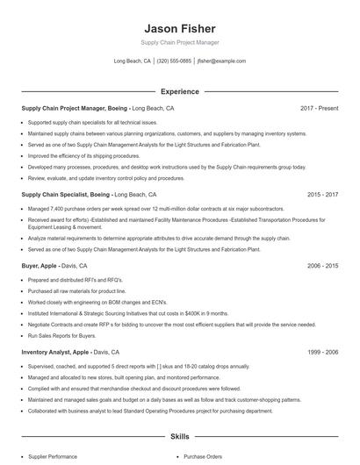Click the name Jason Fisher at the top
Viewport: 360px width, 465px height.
click(179, 28)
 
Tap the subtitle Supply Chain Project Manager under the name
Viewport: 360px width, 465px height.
click(179, 42)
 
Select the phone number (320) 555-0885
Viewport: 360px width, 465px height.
click(174, 61)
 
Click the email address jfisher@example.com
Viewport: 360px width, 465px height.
click(221, 61)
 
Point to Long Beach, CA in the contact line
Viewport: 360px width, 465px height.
click(133, 61)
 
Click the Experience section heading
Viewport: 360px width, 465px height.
click(179, 91)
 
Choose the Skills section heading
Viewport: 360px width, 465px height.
click(179, 436)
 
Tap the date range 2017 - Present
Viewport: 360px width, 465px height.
click(319, 108)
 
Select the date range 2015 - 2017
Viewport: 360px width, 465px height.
click(322, 194)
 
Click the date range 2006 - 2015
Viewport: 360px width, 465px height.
click(322, 265)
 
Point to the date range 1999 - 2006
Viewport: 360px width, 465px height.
click(322, 352)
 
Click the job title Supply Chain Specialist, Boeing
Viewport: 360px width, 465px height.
click(66, 194)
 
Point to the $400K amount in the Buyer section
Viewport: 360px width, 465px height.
click(194, 312)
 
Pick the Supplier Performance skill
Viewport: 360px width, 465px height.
click(52, 456)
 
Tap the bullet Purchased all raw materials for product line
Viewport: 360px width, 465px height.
click(77, 290)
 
